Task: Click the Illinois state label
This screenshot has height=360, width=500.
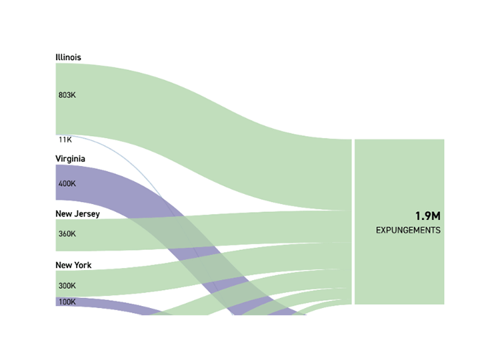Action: pyautogui.click(x=68, y=57)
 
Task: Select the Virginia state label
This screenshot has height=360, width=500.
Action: pyautogui.click(x=70, y=159)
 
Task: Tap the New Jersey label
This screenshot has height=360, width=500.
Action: pyautogui.click(x=77, y=214)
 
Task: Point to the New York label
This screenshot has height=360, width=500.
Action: pyautogui.click(x=73, y=265)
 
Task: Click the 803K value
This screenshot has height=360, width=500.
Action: pyautogui.click(x=67, y=95)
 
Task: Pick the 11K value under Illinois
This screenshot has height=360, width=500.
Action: pyautogui.click(x=65, y=140)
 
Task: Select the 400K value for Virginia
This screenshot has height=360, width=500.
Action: pyautogui.click(x=67, y=183)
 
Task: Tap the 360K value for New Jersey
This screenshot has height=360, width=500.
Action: pyautogui.click(x=67, y=234)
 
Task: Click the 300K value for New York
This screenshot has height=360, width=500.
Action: pyautogui.click(x=67, y=286)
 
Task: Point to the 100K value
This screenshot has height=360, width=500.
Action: pyautogui.click(x=67, y=302)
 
